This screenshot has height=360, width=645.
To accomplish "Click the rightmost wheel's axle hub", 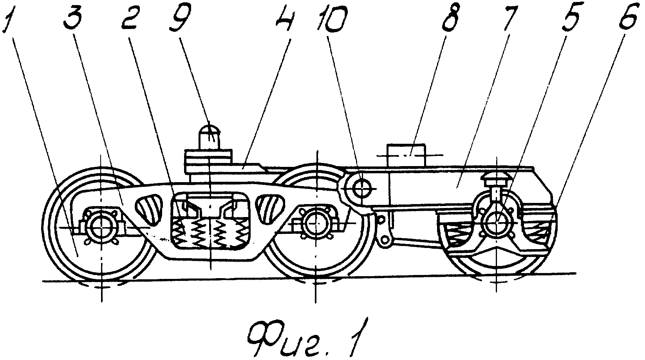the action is click(496, 224).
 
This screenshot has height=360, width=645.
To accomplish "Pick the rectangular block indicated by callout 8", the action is click(407, 155).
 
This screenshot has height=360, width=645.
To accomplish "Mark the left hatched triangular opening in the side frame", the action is click(149, 209).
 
